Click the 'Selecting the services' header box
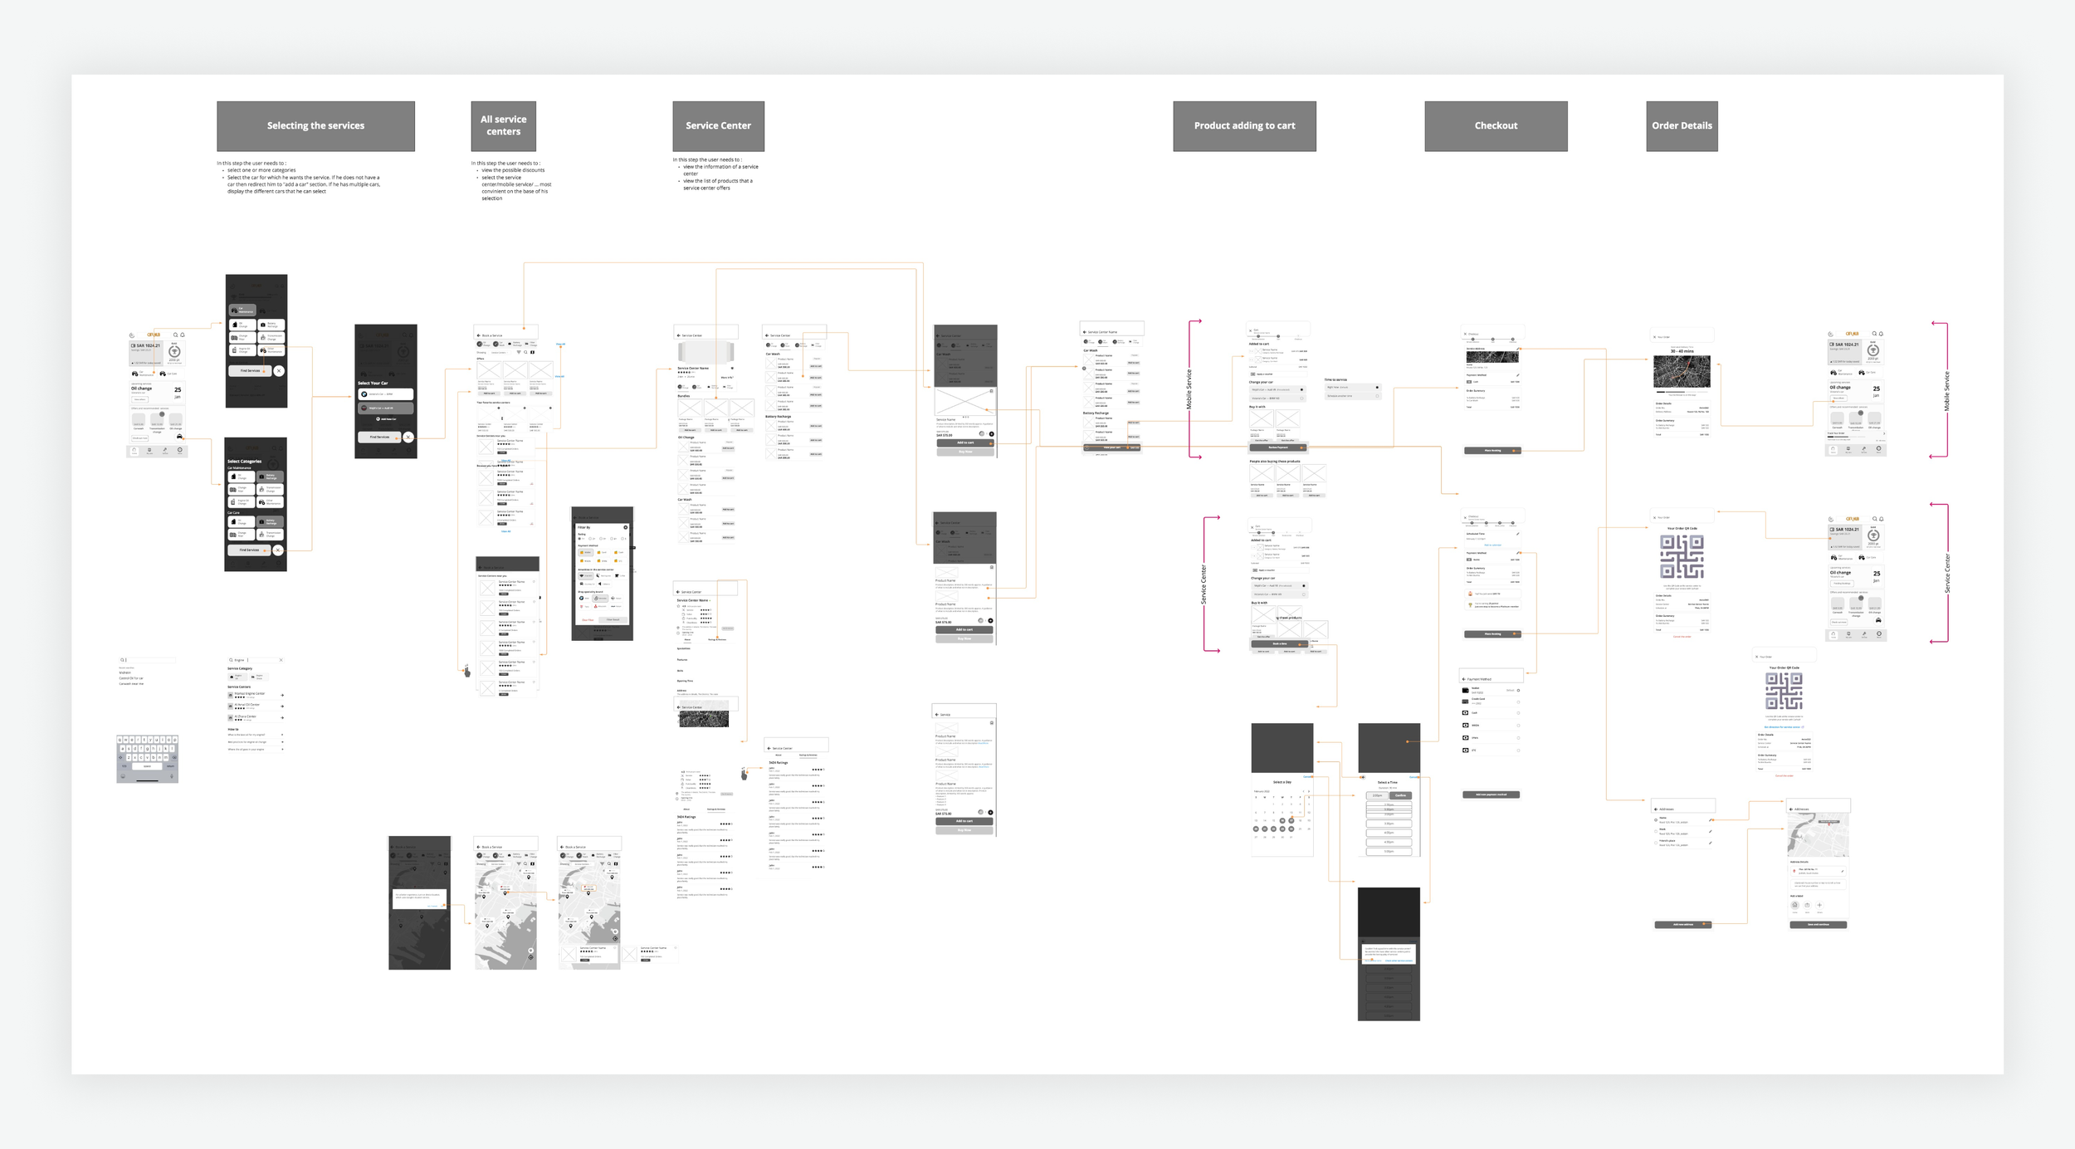[315, 126]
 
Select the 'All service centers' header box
[503, 126]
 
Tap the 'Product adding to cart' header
[1244, 126]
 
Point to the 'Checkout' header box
[1496, 126]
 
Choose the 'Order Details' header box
[1682, 126]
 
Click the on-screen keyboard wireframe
[147, 758]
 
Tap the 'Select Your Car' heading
[373, 384]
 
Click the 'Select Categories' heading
[244, 462]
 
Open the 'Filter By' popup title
[584, 527]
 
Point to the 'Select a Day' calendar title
[1282, 782]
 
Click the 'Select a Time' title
[1387, 782]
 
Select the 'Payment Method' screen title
[1479, 679]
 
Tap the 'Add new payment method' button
[1491, 795]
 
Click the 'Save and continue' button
[1818, 924]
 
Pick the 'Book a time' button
[1279, 643]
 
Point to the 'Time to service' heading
[1335, 379]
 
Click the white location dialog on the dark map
[419, 897]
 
